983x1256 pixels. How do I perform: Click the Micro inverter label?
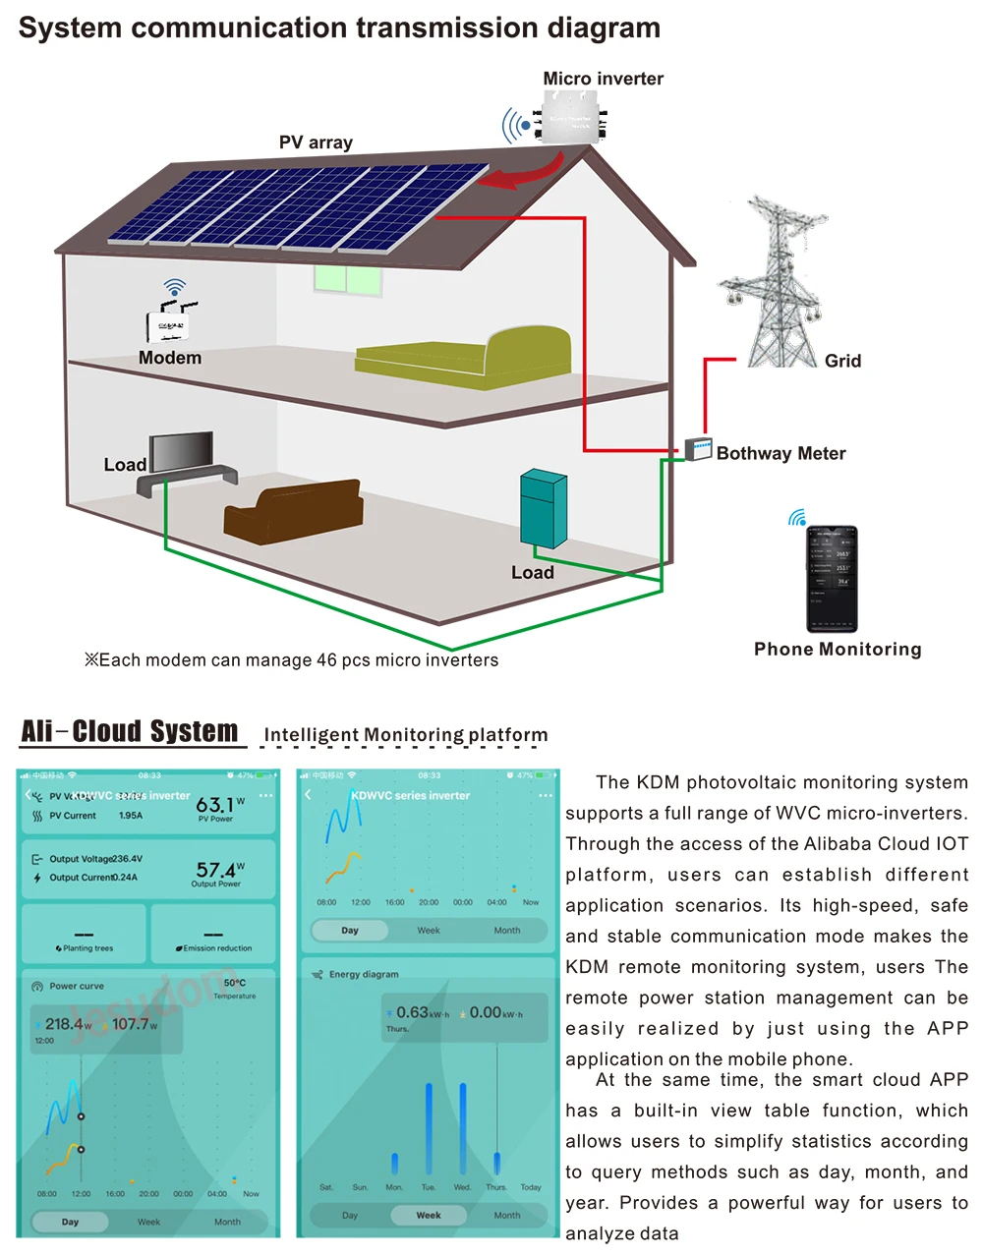pyautogui.click(x=603, y=79)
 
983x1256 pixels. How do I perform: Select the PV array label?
pyautogui.click(x=316, y=143)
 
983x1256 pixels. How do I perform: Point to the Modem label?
pyautogui.click(x=170, y=358)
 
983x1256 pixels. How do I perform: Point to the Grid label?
pyautogui.click(x=842, y=361)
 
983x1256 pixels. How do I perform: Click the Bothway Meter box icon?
pyautogui.click(x=698, y=449)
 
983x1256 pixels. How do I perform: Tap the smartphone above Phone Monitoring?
pyautogui.click(x=832, y=579)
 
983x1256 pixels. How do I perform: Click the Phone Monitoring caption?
pyautogui.click(x=838, y=650)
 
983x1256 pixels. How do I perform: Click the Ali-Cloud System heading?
pyautogui.click(x=130, y=731)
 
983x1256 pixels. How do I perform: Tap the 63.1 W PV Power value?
pyautogui.click(x=216, y=806)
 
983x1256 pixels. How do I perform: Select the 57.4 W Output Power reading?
pyautogui.click(x=217, y=871)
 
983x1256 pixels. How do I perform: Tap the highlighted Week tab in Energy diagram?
pyautogui.click(x=429, y=1215)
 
